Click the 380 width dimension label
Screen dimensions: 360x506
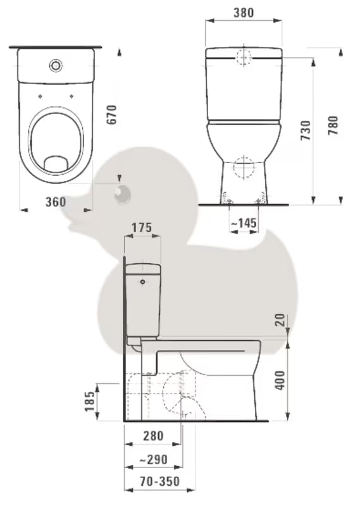point(244,13)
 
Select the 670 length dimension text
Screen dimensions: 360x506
point(112,114)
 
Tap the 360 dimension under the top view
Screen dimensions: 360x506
point(56,202)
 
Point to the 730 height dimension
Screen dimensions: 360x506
point(306,130)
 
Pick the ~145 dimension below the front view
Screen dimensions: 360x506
point(244,223)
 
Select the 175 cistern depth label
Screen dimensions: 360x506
point(142,228)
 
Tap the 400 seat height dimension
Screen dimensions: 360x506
point(280,380)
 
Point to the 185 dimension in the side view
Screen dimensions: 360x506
point(90,402)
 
